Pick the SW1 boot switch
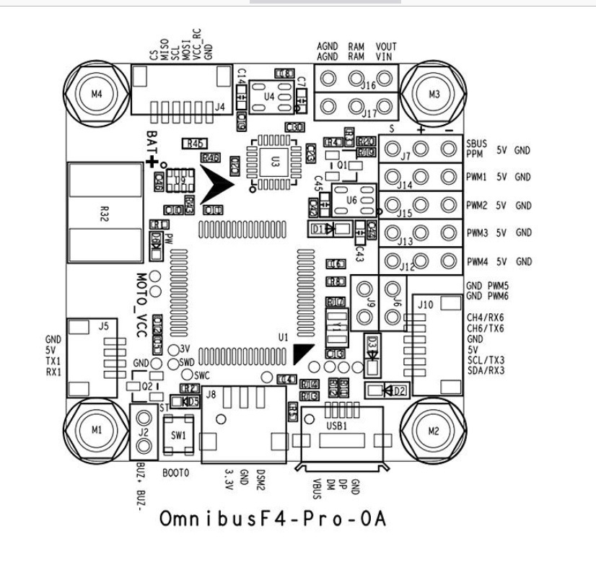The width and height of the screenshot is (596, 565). (x=178, y=435)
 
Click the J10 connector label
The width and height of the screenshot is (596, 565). (x=426, y=305)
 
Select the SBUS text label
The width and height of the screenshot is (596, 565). (x=477, y=143)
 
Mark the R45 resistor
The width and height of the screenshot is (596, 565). (x=193, y=144)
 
